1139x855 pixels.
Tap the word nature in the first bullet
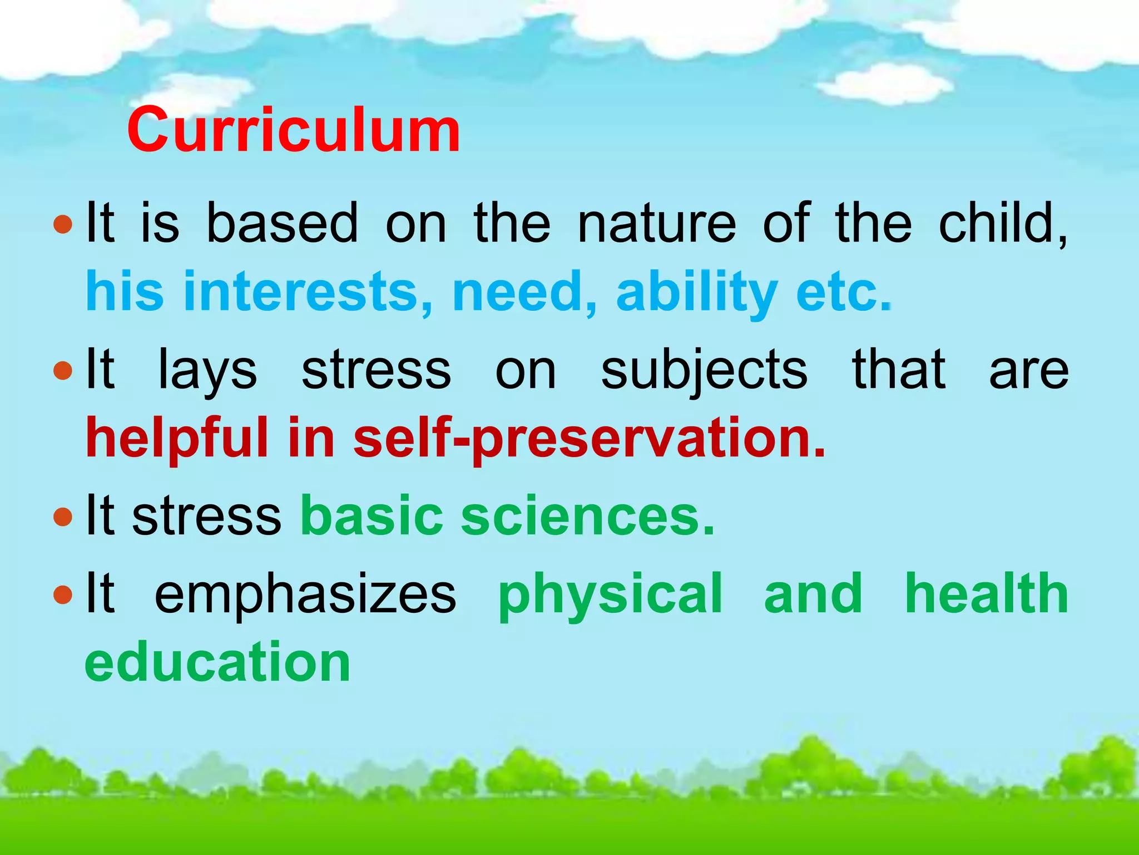click(x=656, y=223)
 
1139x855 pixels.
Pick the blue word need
click(x=524, y=291)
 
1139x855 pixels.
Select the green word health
click(x=986, y=593)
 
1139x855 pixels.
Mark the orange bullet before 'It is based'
click(x=63, y=225)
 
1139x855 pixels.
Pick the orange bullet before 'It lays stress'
click(x=63, y=371)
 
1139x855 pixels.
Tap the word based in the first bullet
click(x=282, y=223)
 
